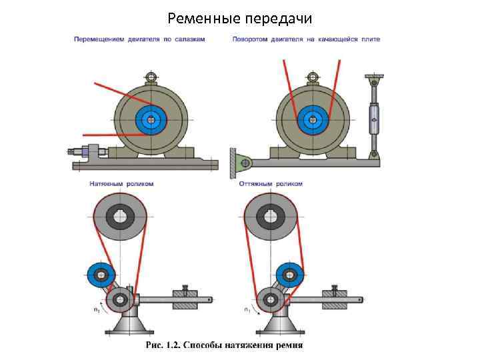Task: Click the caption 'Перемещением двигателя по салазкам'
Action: [139, 39]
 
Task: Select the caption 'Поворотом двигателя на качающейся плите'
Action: [306, 39]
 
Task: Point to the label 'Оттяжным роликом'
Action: [271, 183]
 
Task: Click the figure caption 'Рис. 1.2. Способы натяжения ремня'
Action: [225, 345]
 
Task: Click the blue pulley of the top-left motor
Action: [152, 121]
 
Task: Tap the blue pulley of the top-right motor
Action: [311, 121]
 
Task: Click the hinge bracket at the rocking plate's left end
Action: [241, 161]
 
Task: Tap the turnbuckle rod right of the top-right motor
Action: [374, 120]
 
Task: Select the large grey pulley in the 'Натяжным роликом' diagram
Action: [120, 219]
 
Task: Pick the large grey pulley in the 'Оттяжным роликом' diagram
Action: [271, 219]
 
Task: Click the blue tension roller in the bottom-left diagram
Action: [101, 273]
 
